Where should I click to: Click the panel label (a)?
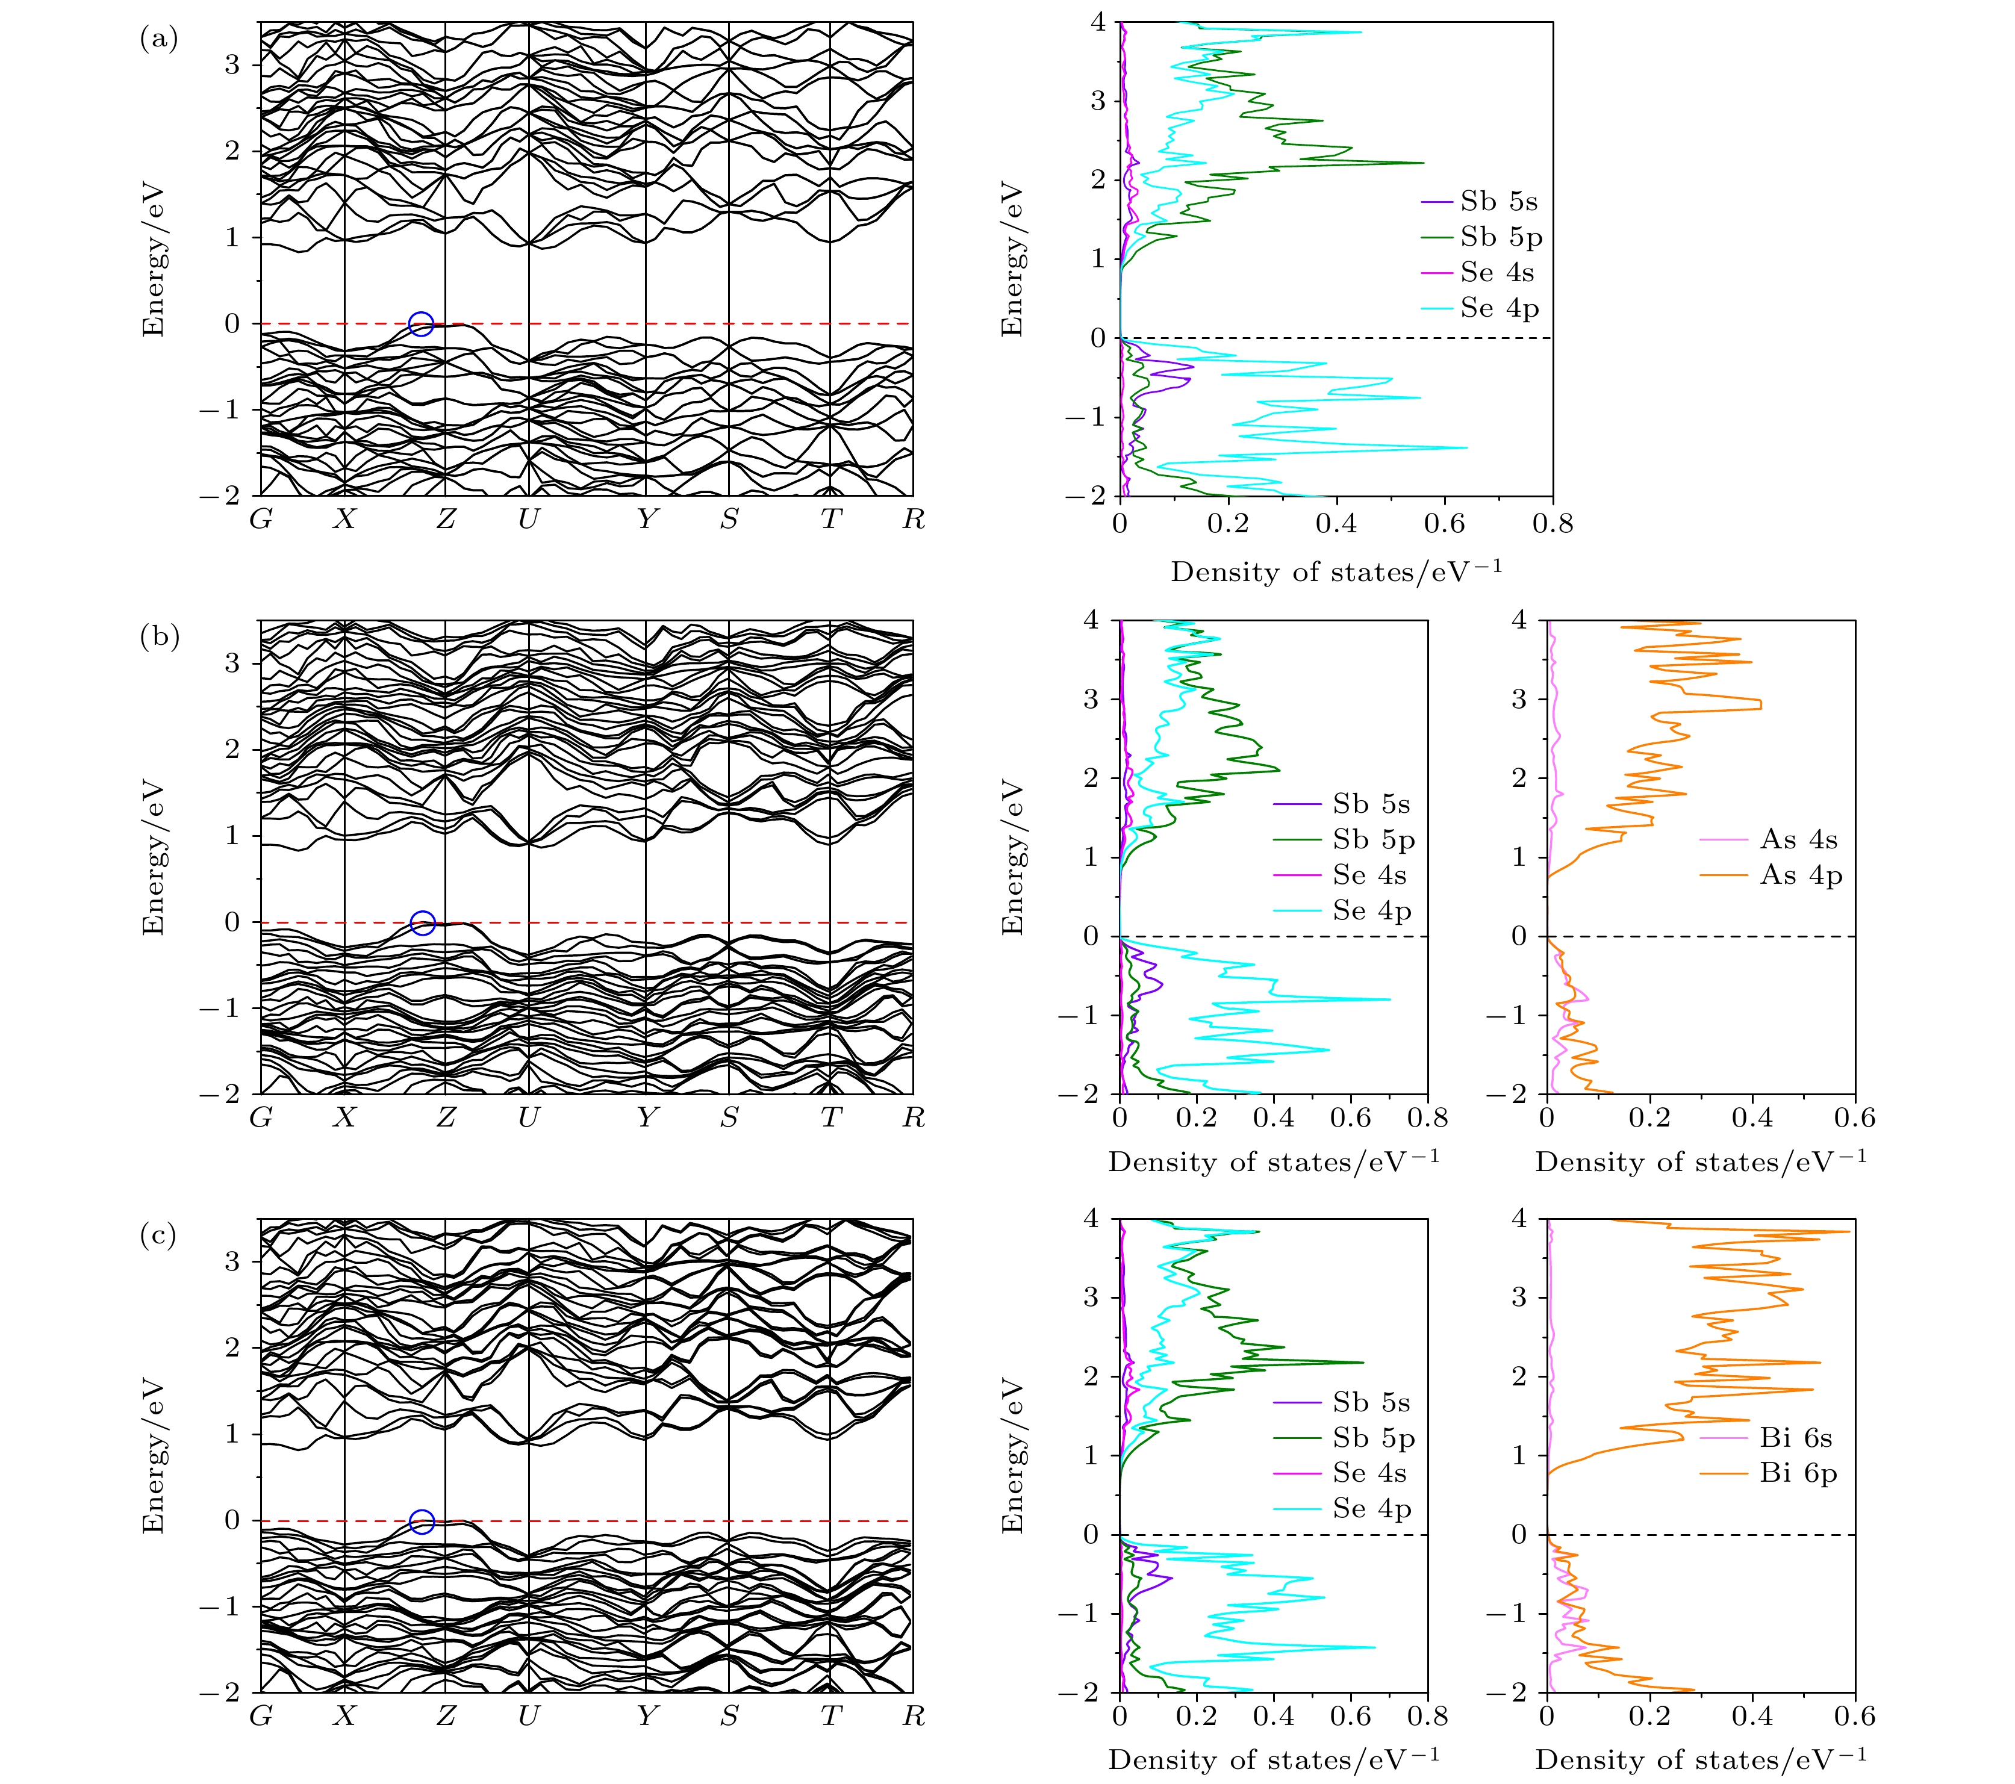(x=159, y=39)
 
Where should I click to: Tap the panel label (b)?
(x=159, y=637)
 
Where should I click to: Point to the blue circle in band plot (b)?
(x=422, y=922)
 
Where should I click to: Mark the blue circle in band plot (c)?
(x=421, y=1522)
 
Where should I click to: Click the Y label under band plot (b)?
(x=647, y=1117)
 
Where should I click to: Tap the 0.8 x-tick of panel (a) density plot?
(x=1553, y=523)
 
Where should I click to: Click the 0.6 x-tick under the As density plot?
(x=1854, y=1117)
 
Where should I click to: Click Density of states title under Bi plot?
(x=1701, y=1761)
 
